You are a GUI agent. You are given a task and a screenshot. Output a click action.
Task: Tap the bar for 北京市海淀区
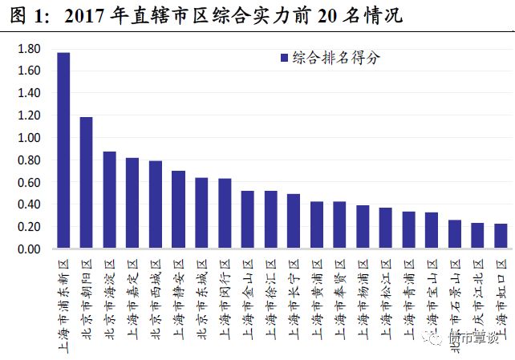(109, 200)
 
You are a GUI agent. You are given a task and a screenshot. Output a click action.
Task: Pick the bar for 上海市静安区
(178, 210)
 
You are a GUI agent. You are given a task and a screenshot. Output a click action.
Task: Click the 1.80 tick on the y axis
(28, 48)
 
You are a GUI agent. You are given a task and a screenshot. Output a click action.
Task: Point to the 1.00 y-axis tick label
(28, 138)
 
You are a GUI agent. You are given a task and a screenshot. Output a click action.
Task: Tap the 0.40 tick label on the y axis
(28, 204)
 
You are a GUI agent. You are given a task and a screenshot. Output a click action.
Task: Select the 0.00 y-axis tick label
(28, 249)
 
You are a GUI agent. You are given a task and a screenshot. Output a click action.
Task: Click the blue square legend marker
(284, 58)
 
